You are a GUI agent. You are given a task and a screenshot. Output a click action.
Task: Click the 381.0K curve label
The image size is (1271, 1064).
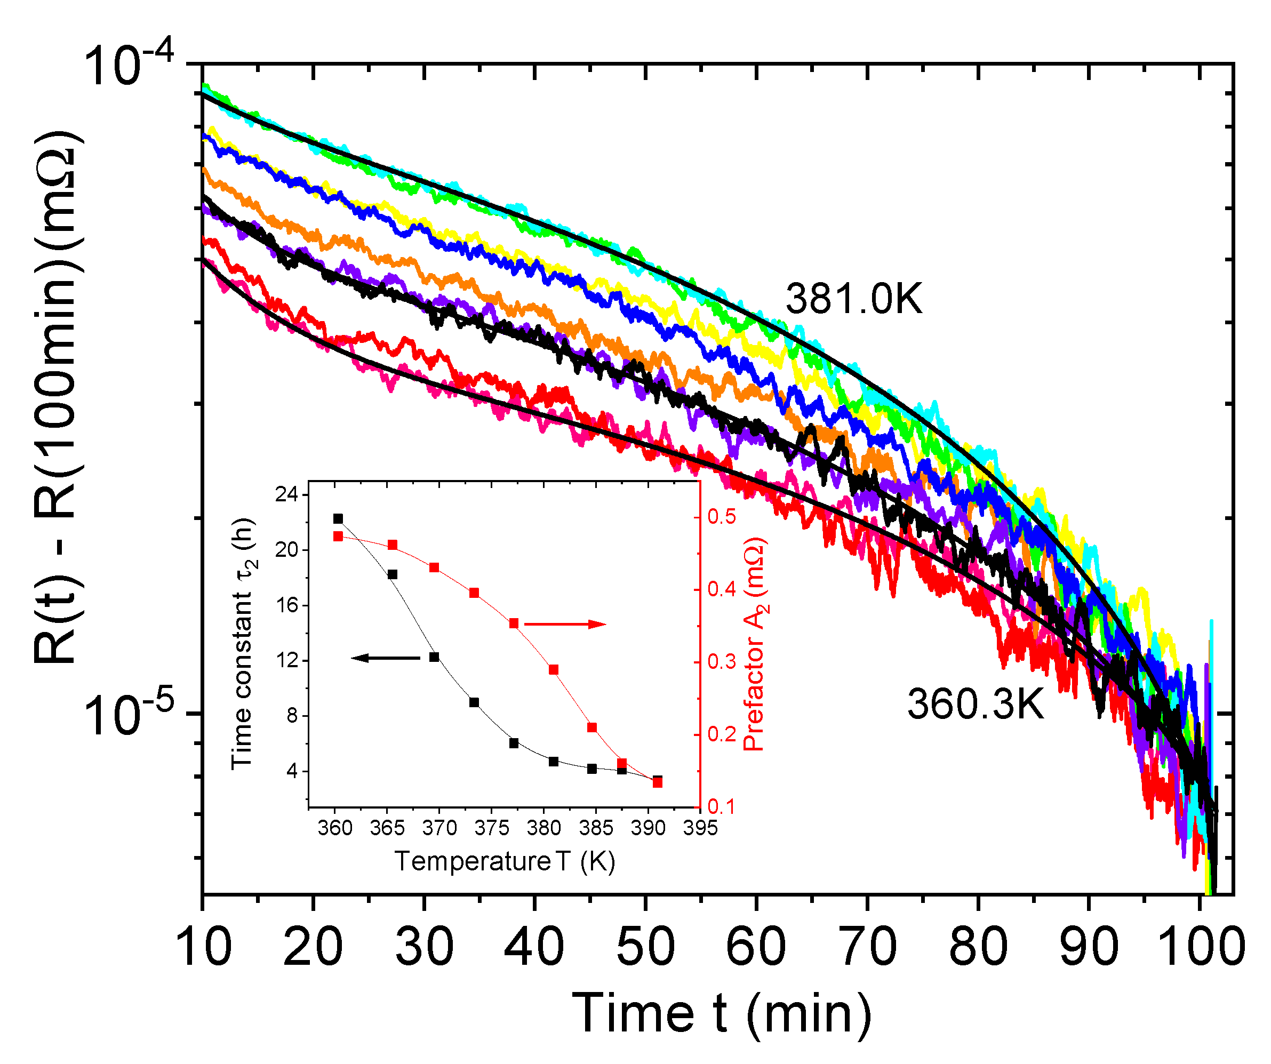click(853, 299)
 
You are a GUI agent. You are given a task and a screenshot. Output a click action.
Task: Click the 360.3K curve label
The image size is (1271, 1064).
click(975, 705)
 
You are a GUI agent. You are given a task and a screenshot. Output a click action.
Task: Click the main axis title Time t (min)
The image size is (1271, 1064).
click(722, 1014)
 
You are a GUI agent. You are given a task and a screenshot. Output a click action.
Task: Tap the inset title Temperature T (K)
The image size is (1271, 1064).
click(505, 861)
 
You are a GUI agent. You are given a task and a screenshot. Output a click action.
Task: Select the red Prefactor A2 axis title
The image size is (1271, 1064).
click(754, 645)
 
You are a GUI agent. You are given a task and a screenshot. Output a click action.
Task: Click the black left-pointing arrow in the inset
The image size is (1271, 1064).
click(385, 658)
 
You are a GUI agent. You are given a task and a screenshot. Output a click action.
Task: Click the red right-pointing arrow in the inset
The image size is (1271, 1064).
click(565, 624)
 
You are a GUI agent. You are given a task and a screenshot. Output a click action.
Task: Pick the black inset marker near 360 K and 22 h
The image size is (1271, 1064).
click(338, 519)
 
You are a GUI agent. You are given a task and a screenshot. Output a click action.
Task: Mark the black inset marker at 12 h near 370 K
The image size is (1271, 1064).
click(434, 657)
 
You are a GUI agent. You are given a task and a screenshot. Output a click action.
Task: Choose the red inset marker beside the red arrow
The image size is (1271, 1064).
click(514, 623)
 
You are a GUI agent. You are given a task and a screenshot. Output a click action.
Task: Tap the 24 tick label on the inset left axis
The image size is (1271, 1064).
click(287, 494)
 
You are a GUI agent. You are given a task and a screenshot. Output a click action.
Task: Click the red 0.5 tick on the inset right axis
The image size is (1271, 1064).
click(722, 517)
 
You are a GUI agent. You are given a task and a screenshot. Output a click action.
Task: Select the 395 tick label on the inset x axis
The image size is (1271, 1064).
click(700, 828)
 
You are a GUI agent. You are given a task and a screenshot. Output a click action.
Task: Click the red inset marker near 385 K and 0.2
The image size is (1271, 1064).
click(592, 727)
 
